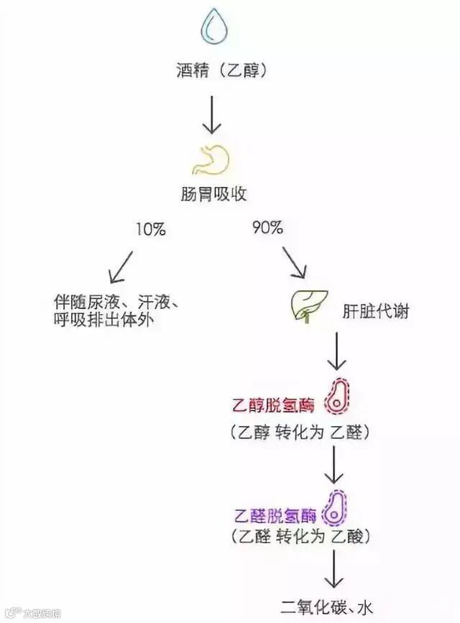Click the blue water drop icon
pos(212,26)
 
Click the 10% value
pos(150,230)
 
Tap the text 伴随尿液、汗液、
pos(116,302)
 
